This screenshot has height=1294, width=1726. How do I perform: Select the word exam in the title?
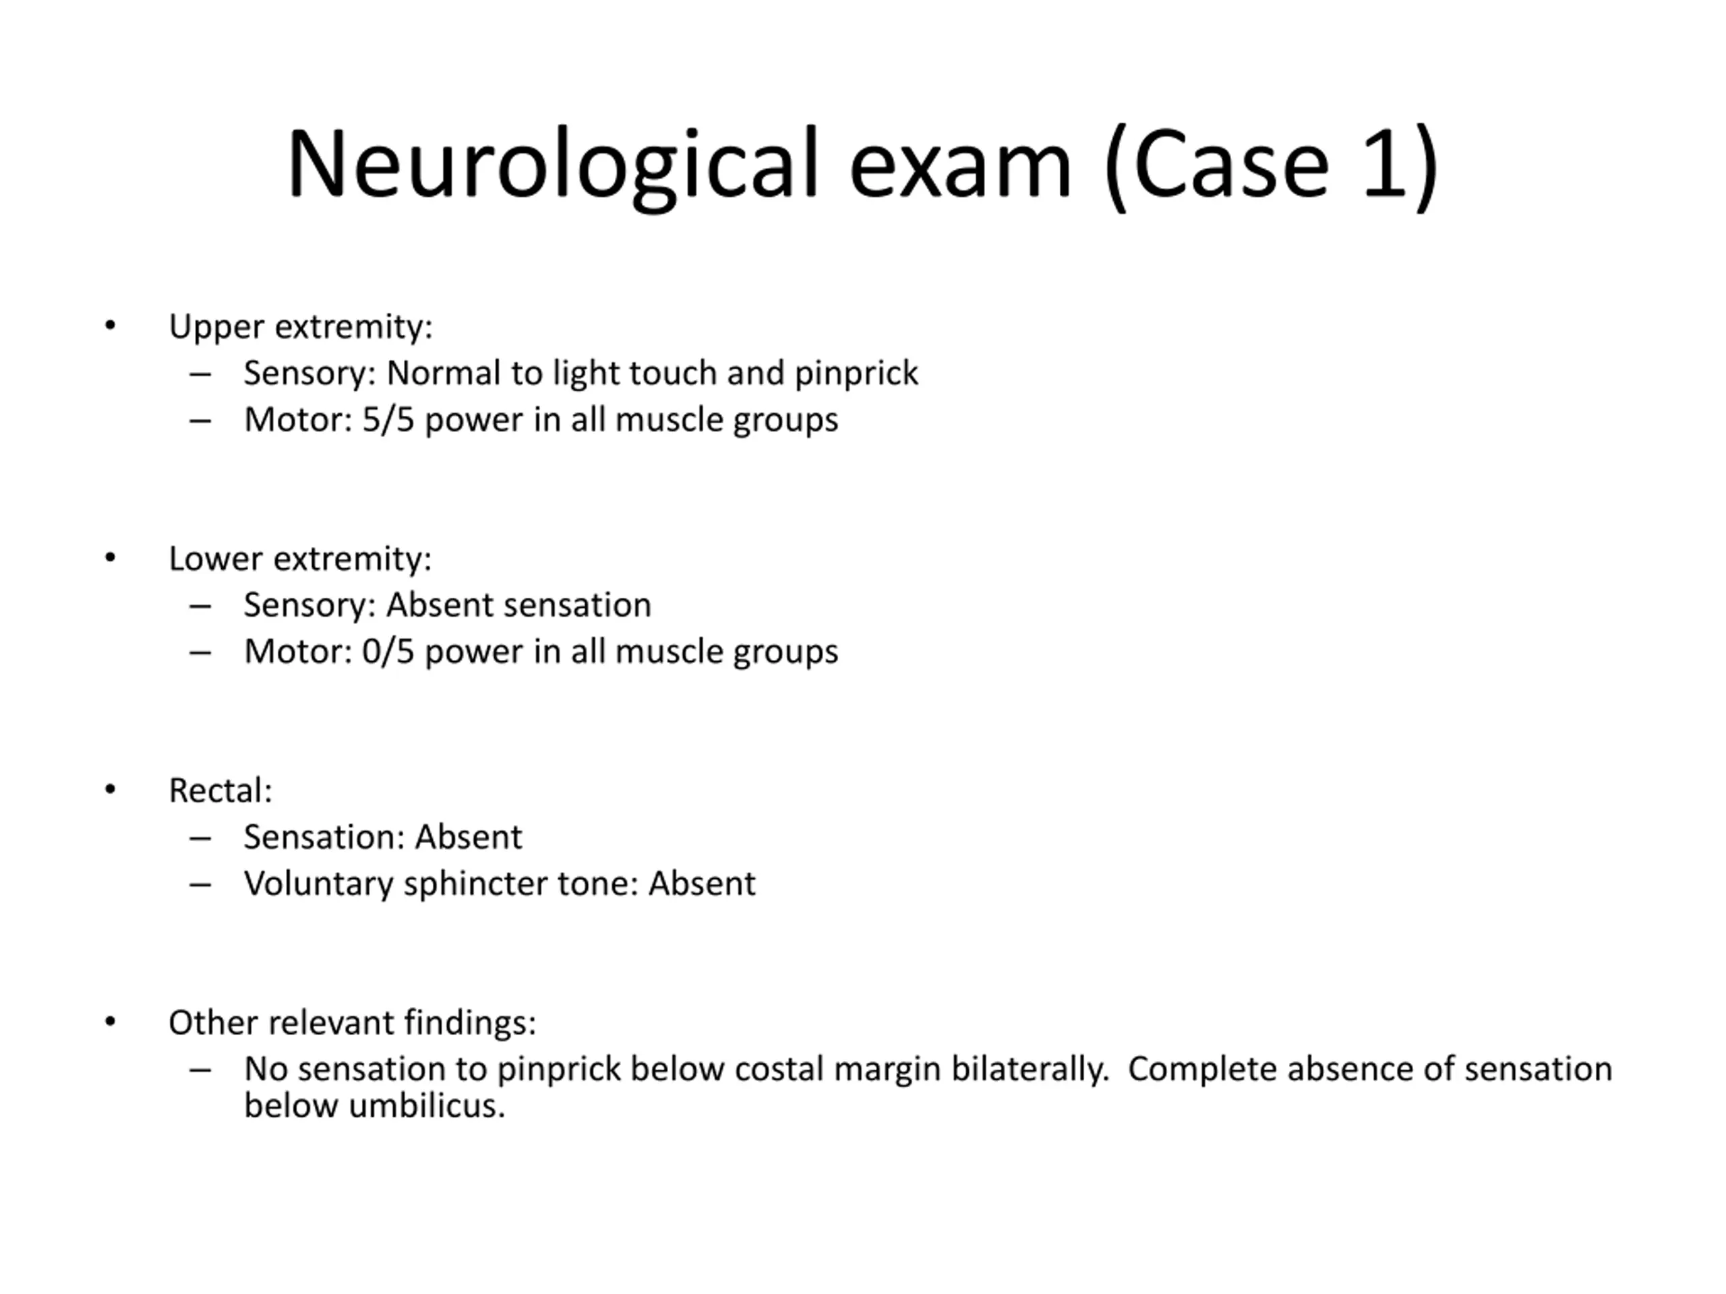961,165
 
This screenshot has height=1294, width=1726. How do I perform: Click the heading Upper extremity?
301,327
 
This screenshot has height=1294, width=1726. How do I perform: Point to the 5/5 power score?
388,420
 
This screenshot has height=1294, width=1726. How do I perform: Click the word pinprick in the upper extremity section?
856,373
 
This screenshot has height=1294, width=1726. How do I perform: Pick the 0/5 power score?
388,651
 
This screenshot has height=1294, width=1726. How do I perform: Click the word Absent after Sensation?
468,838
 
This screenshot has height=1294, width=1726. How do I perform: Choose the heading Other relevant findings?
352,1022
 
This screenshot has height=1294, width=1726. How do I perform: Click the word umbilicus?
427,1106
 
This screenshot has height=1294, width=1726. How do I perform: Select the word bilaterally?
1030,1070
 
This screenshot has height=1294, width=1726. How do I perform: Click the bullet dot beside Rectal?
110,790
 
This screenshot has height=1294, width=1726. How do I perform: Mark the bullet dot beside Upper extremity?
110,326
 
